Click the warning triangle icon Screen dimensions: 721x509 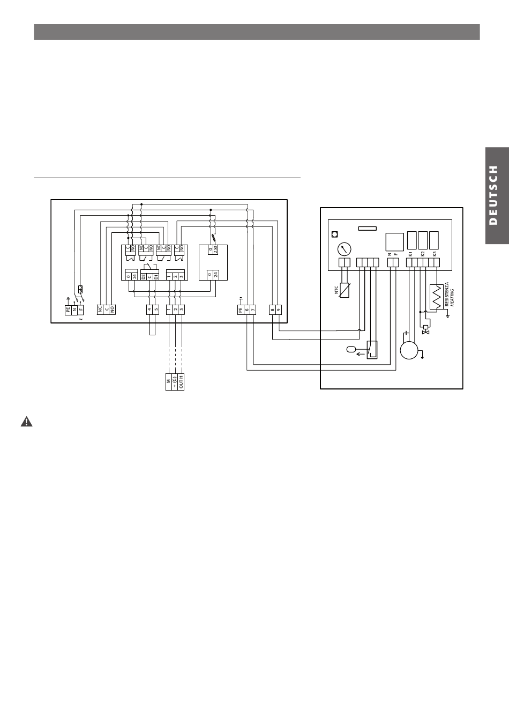(26, 422)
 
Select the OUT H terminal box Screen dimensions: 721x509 (182, 382)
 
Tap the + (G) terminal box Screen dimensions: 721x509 (175, 382)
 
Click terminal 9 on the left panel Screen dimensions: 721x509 (279, 310)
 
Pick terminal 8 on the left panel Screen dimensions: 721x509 (272, 310)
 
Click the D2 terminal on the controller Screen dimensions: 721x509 (143, 276)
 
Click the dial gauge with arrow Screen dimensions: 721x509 (344, 249)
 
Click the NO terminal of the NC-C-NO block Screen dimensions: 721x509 (113, 310)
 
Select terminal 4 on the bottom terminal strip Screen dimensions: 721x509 (149, 310)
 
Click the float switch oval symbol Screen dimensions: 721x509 (351, 350)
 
